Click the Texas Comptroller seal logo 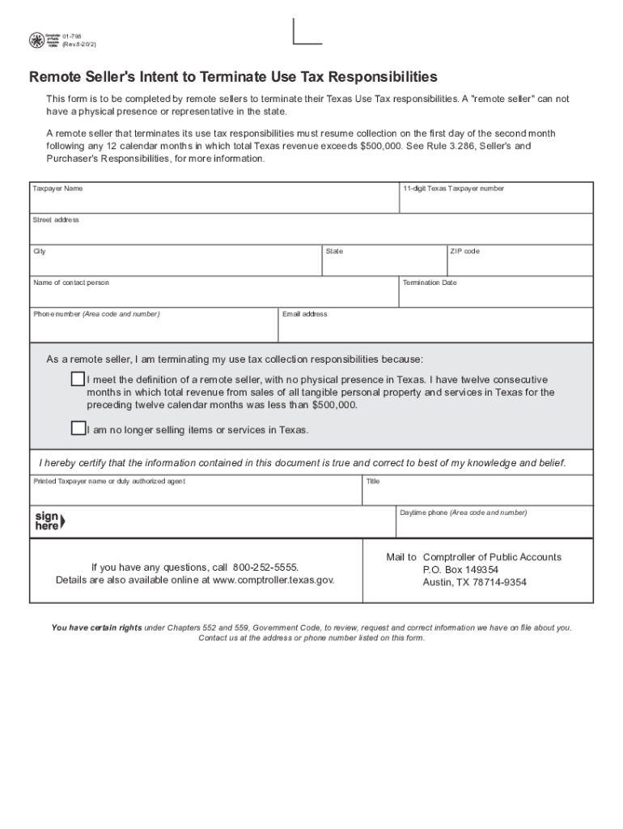[x=36, y=40]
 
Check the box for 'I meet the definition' [x=78, y=379]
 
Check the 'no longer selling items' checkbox [x=78, y=428]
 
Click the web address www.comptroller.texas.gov [x=273, y=580]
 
